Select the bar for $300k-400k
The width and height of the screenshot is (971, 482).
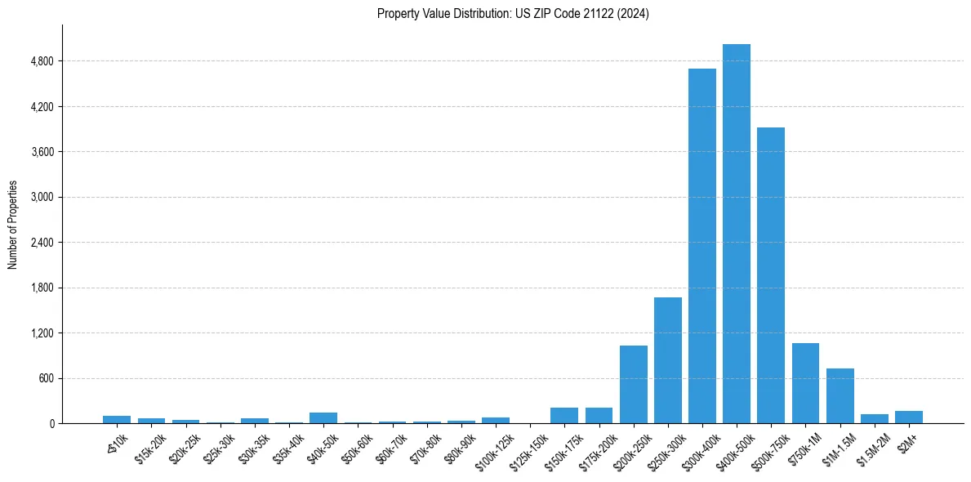pyautogui.click(x=702, y=246)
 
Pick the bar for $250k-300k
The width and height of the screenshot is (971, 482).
pyautogui.click(x=668, y=360)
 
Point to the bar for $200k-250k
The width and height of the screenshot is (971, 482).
pyautogui.click(x=634, y=384)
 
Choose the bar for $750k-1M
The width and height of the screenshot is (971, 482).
pyautogui.click(x=805, y=383)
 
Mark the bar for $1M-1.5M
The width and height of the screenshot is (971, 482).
pyautogui.click(x=840, y=395)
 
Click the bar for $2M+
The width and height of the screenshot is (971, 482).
pyautogui.click(x=909, y=417)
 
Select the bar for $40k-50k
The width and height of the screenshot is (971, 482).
pyautogui.click(x=323, y=417)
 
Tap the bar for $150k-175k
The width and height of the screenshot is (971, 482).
pyautogui.click(x=564, y=415)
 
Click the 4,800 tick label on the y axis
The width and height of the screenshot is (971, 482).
pyautogui.click(x=42, y=61)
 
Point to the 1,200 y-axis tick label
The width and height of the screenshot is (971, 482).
pyautogui.click(x=42, y=333)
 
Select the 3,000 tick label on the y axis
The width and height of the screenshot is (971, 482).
pyautogui.click(x=42, y=197)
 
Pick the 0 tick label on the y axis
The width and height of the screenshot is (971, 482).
pyautogui.click(x=51, y=424)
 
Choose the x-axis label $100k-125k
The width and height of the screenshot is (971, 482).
pyautogui.click(x=494, y=448)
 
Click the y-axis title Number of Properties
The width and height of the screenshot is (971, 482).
pyautogui.click(x=13, y=225)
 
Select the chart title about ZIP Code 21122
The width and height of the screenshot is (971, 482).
pyautogui.click(x=513, y=14)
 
